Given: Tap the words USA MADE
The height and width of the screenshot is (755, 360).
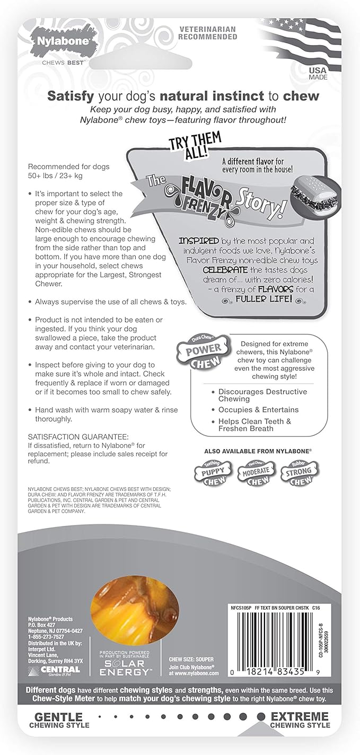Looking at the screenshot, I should (318, 73).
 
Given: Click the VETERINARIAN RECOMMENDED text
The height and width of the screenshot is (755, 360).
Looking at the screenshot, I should (207, 33).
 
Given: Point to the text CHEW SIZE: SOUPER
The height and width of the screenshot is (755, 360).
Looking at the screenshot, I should (191, 659).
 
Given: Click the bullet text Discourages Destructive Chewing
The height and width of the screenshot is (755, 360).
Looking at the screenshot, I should (262, 395).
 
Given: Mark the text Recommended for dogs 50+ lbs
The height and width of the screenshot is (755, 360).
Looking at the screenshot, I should (69, 171).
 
